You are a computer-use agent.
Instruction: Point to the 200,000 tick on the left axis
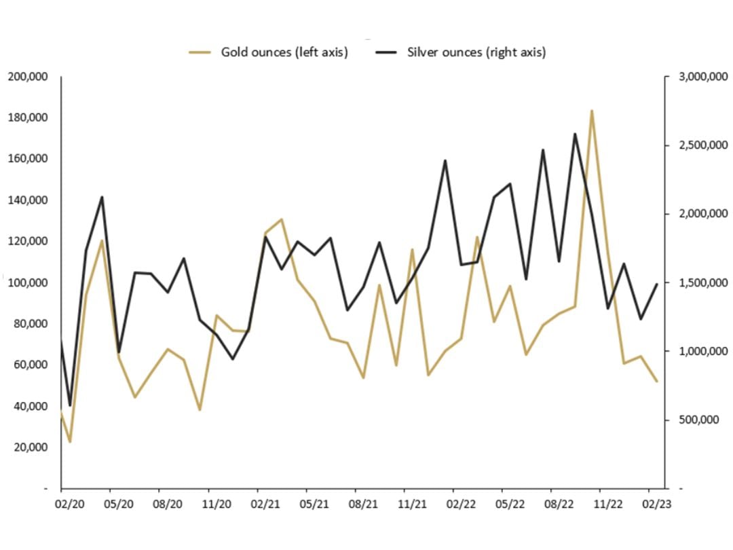(x=28, y=76)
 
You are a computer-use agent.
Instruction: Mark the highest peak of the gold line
(x=591, y=111)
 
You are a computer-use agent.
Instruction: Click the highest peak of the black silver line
(x=575, y=134)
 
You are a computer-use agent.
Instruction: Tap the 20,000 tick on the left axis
(x=30, y=447)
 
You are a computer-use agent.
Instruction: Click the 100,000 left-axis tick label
(x=28, y=282)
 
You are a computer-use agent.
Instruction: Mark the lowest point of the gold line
(x=69, y=442)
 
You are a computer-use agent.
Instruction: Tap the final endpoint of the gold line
(x=657, y=382)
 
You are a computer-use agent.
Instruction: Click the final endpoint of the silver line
(x=657, y=284)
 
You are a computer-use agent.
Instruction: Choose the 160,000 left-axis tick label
(x=28, y=159)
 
